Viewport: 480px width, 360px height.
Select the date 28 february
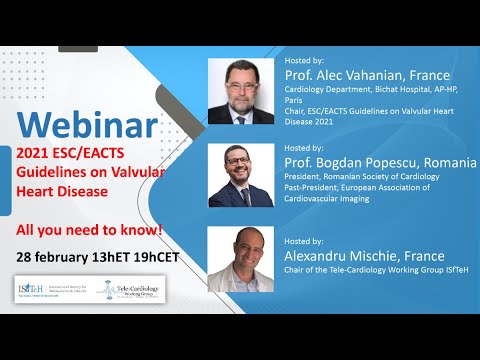click(x=55, y=258)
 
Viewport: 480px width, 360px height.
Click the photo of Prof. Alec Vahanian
click(x=240, y=91)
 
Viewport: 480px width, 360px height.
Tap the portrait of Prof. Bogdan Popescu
click(x=240, y=176)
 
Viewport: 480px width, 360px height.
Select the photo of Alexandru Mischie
click(x=240, y=259)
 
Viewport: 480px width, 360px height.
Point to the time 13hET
click(x=116, y=258)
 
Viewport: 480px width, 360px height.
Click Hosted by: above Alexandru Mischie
click(x=305, y=241)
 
